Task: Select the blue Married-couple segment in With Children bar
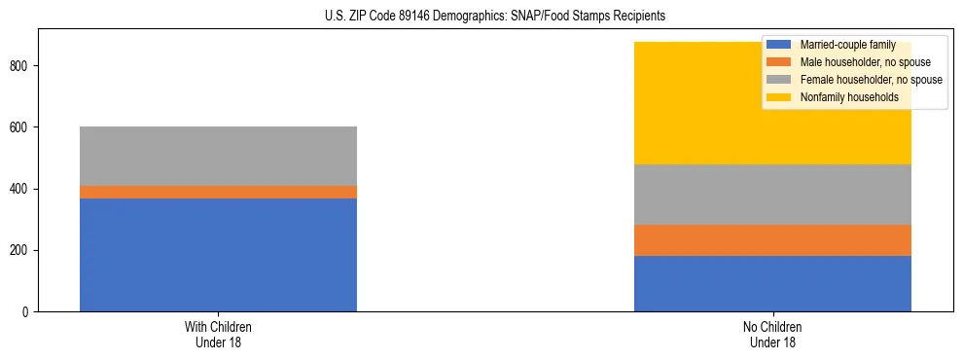click(218, 255)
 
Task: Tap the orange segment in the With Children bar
click(218, 193)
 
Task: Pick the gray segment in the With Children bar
click(218, 156)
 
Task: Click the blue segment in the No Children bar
click(772, 283)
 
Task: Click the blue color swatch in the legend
click(779, 45)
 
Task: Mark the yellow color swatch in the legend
click(779, 97)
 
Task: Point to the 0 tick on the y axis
click(27, 312)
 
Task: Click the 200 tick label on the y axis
click(20, 251)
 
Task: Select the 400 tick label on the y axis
click(20, 189)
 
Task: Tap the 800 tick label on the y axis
click(20, 66)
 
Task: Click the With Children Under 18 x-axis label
click(218, 335)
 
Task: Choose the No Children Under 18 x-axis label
click(772, 335)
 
